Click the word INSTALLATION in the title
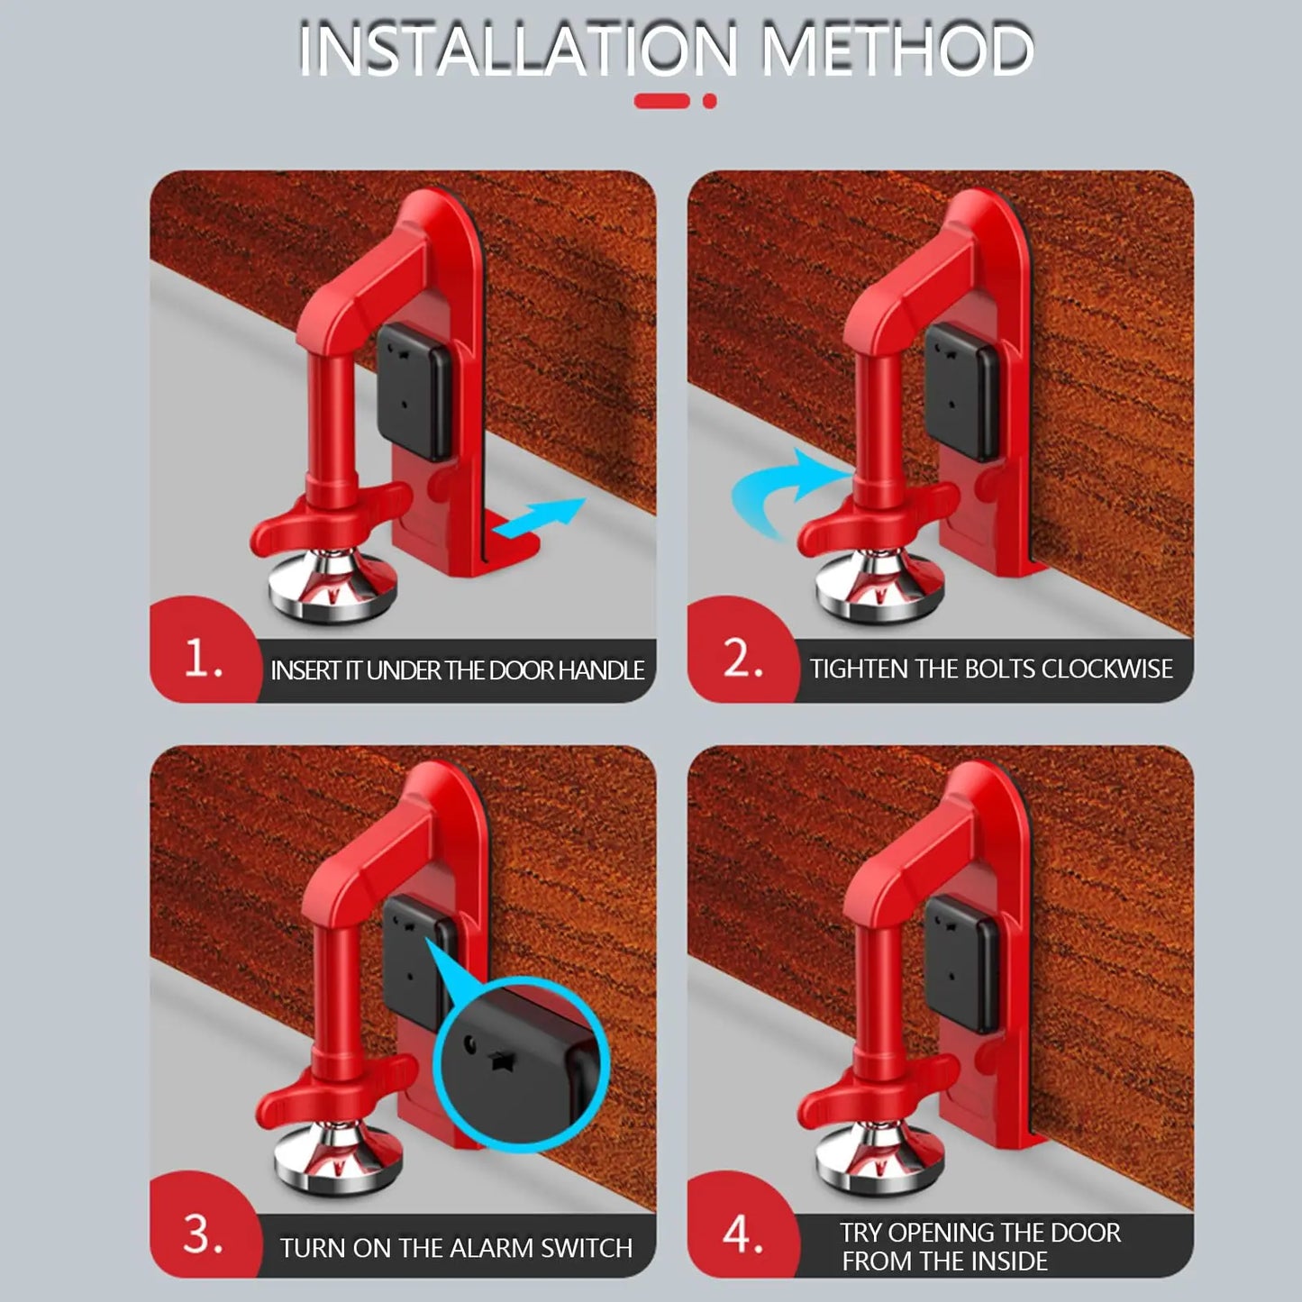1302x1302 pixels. click(x=516, y=50)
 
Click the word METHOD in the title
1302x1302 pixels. click(x=897, y=50)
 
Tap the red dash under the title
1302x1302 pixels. click(x=661, y=101)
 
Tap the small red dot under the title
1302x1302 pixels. click(x=710, y=101)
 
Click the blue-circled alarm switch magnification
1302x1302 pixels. click(x=521, y=1063)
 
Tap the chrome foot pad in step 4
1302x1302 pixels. click(x=879, y=1159)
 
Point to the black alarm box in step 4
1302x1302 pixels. click(x=962, y=964)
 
